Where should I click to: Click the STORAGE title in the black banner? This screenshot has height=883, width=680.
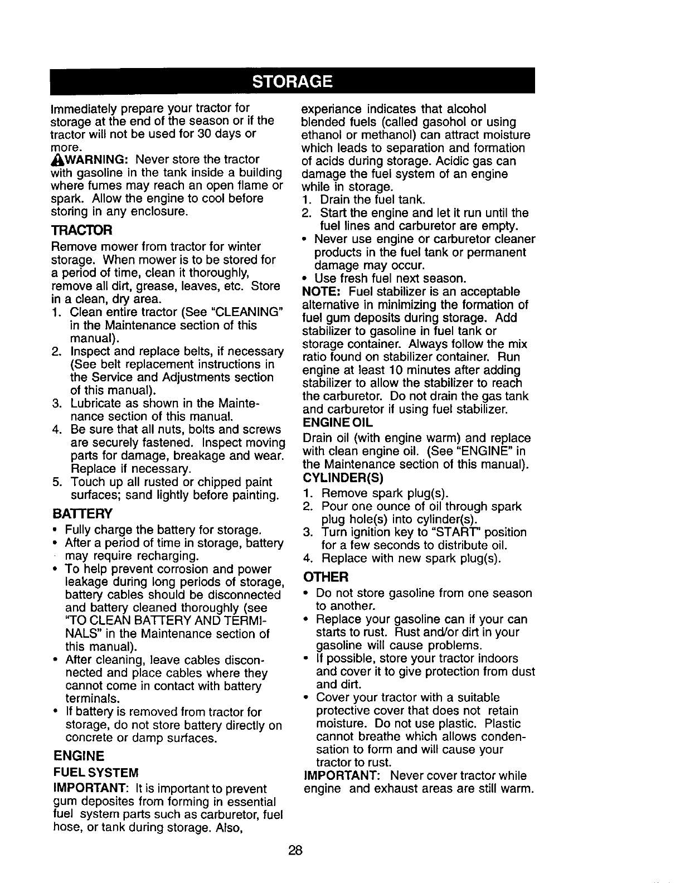point(292,81)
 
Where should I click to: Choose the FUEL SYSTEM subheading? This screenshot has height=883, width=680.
point(95,773)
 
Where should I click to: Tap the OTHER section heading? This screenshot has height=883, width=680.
point(326,576)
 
